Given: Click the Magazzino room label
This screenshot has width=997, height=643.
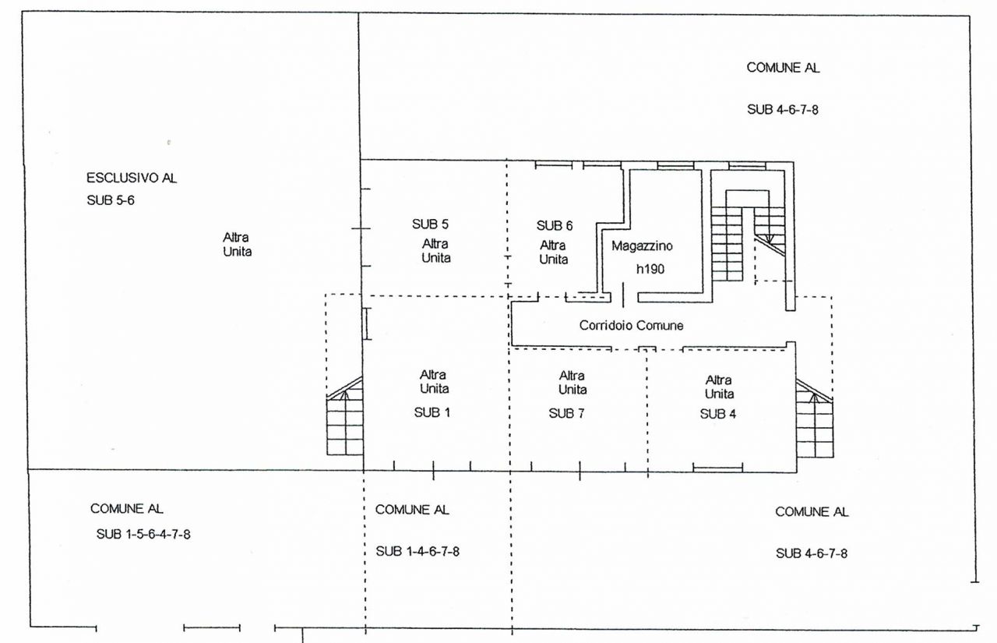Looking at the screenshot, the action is [642, 246].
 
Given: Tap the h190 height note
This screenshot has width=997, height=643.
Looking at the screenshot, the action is [650, 269].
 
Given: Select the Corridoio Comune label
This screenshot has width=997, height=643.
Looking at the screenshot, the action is [631, 326].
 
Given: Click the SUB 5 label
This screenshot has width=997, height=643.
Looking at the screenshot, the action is [430, 224].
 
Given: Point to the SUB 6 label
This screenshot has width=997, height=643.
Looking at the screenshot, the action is [555, 226].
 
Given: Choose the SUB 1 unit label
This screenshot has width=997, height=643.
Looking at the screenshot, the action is [432, 413].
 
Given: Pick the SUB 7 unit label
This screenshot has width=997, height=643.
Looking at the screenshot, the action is [566, 414].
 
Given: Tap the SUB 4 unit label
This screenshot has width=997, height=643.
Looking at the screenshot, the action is [718, 414].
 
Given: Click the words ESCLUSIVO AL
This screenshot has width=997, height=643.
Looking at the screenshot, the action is [132, 178].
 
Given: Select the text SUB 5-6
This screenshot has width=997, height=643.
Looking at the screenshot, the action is [111, 200].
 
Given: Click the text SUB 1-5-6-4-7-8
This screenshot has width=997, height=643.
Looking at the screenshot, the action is [143, 534].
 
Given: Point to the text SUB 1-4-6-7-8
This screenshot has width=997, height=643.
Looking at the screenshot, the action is [417, 552].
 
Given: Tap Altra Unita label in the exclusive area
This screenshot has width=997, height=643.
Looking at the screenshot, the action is [238, 245].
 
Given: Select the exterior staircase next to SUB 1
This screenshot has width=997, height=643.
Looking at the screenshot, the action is [344, 416].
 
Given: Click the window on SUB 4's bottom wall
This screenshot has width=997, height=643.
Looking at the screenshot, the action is [717, 468].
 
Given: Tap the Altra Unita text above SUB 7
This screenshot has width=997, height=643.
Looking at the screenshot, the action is [572, 383].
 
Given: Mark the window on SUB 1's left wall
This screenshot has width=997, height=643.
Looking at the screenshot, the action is [366, 323].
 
